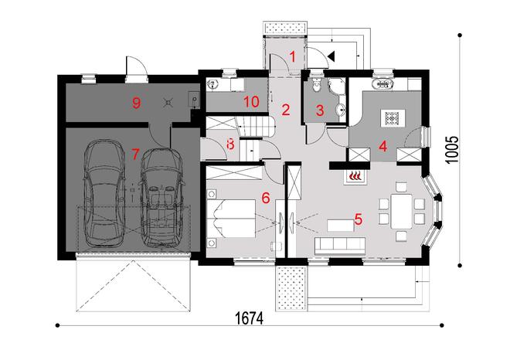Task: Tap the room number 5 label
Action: click(x=357, y=219)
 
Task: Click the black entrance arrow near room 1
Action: click(x=331, y=55)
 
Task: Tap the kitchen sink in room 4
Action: click(x=382, y=85)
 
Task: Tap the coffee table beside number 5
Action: click(x=340, y=225)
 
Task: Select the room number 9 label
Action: click(x=136, y=104)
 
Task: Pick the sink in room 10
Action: click(x=225, y=85)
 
